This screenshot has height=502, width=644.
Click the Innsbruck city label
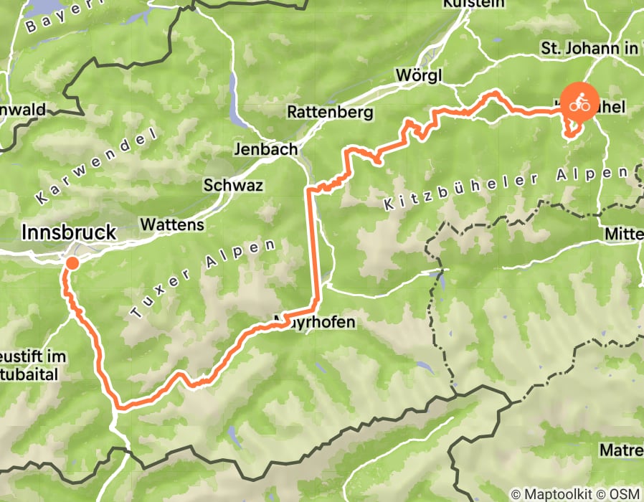69,232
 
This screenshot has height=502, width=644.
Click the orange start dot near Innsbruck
72,263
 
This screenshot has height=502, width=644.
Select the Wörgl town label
418,75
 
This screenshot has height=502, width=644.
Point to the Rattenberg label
330,113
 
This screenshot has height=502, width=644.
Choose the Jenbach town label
265,150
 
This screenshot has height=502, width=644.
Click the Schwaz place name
233,185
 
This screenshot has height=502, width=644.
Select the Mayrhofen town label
315,323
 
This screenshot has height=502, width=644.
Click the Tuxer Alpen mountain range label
204,279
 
